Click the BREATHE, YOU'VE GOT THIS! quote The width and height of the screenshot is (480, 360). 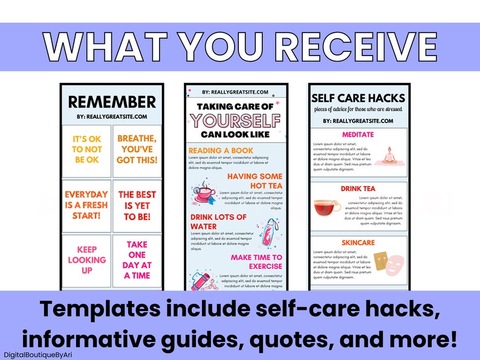137,149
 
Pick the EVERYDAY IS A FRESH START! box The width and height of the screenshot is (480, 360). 86,206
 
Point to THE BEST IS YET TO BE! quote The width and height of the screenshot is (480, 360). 137,206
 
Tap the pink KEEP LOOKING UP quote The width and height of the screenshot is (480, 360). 86,260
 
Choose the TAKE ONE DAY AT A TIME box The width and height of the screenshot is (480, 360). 137,260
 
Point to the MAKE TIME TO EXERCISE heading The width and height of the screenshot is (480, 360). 256,262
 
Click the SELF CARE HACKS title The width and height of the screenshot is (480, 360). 358,98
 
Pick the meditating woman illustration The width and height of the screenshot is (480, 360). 388,155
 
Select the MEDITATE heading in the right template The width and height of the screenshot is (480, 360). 358,135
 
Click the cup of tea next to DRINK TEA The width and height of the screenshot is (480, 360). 326,208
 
